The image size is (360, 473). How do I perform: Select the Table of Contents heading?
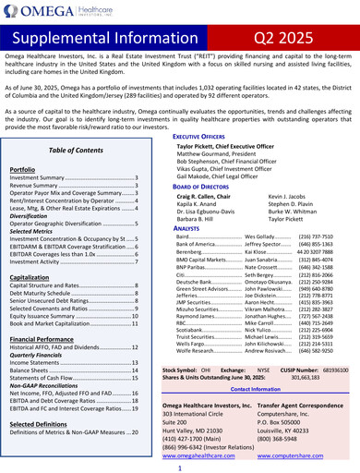click(x=75, y=150)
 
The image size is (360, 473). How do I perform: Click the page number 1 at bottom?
click(x=180, y=468)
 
